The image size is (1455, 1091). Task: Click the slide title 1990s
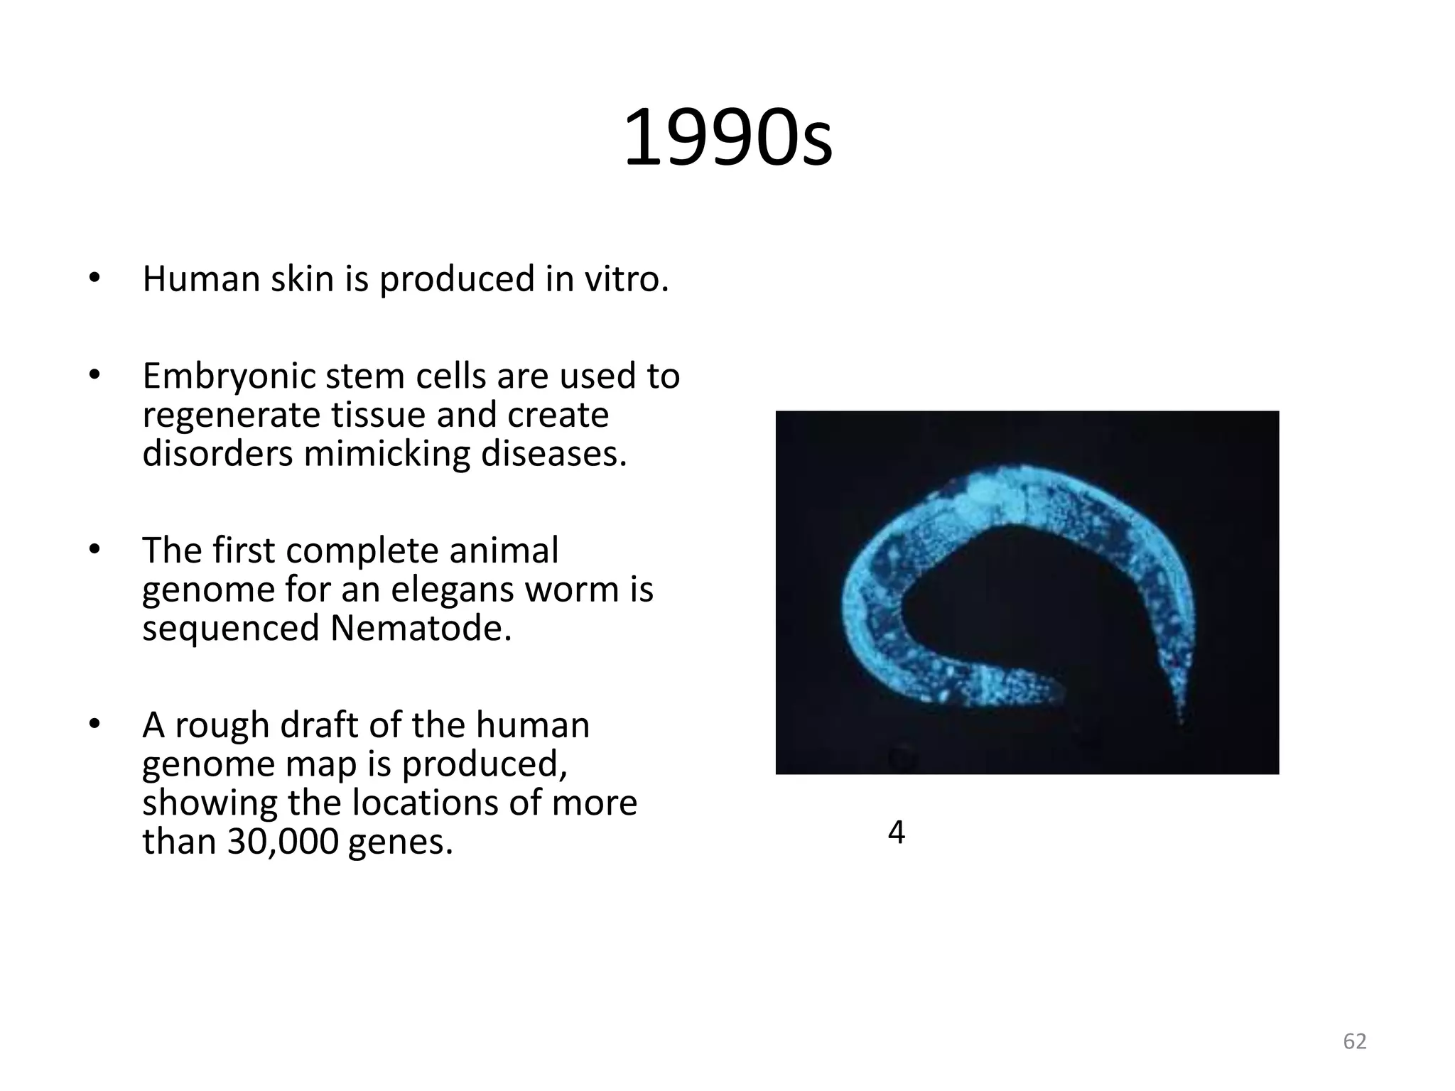[727, 138]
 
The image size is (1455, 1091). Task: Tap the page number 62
[1355, 1041]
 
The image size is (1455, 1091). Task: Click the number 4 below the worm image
[897, 832]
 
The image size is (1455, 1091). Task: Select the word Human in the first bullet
[202, 278]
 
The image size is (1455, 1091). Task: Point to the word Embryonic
[229, 376]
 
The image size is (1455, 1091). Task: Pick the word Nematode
[421, 628]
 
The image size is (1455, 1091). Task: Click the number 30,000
[283, 842]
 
